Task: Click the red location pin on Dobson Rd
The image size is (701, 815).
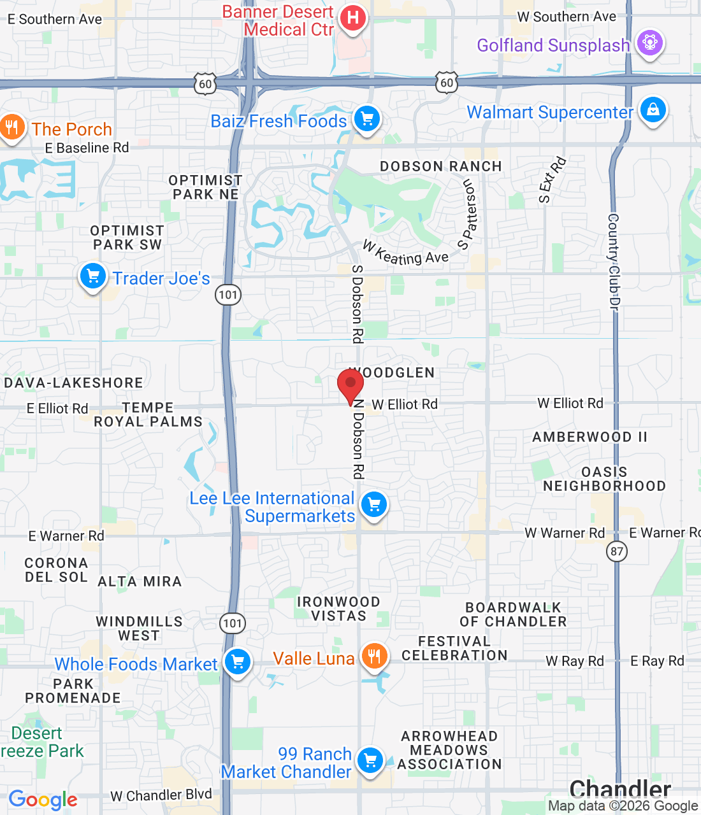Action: (350, 385)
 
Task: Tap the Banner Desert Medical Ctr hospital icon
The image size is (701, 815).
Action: (352, 18)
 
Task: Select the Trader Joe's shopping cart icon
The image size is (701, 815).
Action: (93, 277)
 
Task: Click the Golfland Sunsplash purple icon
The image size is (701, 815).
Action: (649, 43)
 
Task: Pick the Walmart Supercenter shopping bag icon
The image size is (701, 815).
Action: (653, 110)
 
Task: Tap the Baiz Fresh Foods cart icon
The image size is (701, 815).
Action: (366, 118)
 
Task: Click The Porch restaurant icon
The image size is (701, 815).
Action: (11, 127)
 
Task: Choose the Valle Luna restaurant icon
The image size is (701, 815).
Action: (374, 656)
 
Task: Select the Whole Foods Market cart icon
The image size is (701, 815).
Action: (238, 662)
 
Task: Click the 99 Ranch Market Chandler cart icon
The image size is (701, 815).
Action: (370, 760)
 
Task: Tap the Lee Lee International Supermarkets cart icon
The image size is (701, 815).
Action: (374, 505)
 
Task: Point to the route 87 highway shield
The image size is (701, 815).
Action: (617, 551)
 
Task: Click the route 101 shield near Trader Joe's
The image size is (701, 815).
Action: (228, 295)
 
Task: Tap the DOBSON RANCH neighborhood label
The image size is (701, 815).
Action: (441, 166)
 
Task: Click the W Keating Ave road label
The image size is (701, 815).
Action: (406, 253)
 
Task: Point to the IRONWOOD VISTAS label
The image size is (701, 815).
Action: (338, 609)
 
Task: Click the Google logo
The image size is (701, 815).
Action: (43, 800)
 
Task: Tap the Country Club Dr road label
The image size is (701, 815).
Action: (614, 262)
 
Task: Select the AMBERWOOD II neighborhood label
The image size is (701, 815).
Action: (589, 437)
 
